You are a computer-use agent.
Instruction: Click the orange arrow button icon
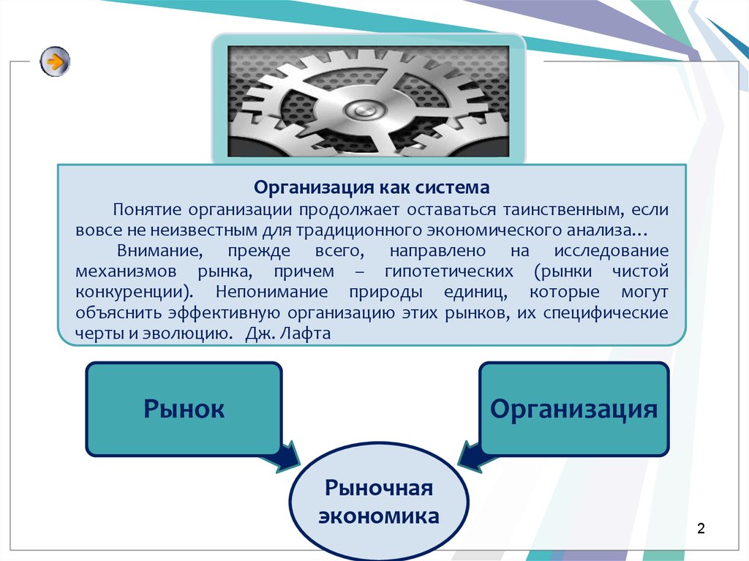tap(55, 61)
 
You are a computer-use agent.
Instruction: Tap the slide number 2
tap(701, 528)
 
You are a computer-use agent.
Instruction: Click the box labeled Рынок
tap(184, 409)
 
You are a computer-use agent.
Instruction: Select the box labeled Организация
tap(573, 409)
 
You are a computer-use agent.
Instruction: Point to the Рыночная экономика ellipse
tap(379, 501)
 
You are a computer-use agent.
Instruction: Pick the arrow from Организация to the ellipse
tap(475, 456)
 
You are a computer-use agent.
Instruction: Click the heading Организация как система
tap(372, 187)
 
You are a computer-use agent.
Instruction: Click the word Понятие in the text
tap(147, 209)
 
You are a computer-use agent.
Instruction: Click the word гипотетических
tap(449, 271)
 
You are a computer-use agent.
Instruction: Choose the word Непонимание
tap(271, 292)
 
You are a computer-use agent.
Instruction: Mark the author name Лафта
tap(305, 333)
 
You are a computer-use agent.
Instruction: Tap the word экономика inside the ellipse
tap(379, 516)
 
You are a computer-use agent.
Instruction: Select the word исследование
tap(611, 250)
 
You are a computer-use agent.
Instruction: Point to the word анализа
tap(606, 230)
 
